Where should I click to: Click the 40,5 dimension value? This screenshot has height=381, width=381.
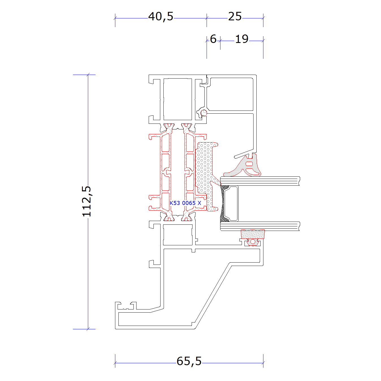(x=161, y=17)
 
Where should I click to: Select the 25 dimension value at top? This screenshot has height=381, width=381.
(x=235, y=16)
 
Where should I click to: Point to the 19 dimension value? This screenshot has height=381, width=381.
(x=242, y=39)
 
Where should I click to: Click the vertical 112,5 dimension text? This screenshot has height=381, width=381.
(x=86, y=201)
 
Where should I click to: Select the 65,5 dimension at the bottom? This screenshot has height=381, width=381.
(x=189, y=361)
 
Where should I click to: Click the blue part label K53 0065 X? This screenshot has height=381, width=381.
(x=185, y=203)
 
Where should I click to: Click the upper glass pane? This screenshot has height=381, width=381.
(x=260, y=181)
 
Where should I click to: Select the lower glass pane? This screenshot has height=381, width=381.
(x=260, y=226)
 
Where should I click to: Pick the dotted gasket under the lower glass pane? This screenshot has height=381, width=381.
(x=253, y=234)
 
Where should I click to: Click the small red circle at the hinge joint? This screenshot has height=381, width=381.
(x=204, y=113)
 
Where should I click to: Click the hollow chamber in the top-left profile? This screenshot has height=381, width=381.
(x=177, y=99)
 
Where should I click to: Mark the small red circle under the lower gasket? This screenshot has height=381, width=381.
(x=253, y=241)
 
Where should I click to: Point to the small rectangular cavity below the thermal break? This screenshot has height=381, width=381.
(x=178, y=235)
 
